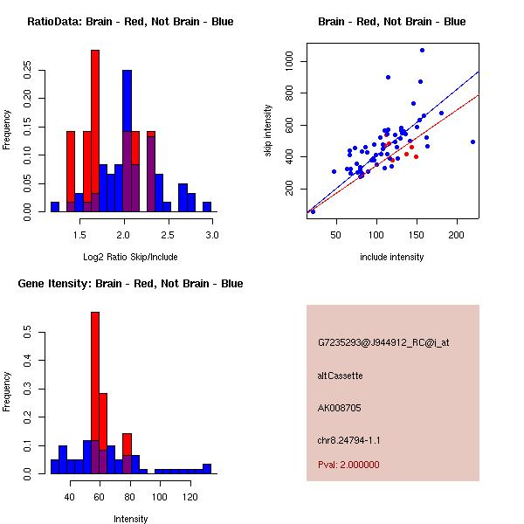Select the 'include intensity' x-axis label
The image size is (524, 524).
pos(392,257)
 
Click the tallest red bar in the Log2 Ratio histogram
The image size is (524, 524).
pos(95,131)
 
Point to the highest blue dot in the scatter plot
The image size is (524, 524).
pos(422,50)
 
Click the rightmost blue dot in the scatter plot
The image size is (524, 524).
pos(472,141)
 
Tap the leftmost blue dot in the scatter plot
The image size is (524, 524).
pos(313,211)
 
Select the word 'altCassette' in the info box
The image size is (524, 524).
pos(340,375)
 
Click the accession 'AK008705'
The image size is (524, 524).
pos(340,407)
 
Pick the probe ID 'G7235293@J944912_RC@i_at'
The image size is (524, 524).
pos(383,342)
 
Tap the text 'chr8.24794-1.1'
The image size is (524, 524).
pos(348,440)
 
